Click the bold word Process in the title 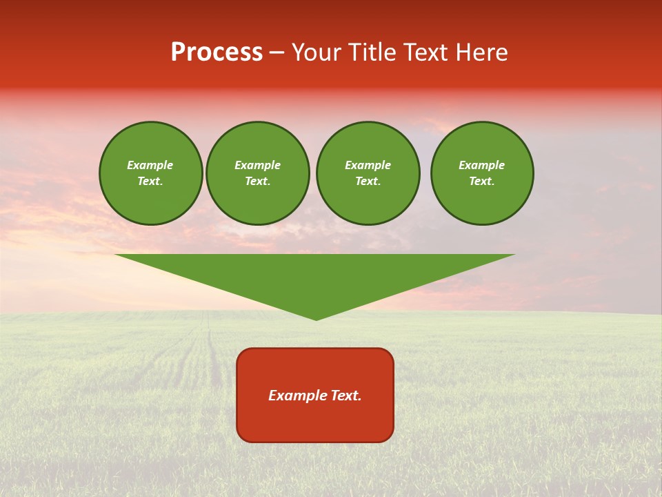tap(217, 52)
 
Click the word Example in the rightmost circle tap(481, 165)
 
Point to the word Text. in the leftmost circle tap(150, 182)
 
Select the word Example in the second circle tap(257, 165)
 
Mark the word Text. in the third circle tap(368, 182)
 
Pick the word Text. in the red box tap(345, 396)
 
